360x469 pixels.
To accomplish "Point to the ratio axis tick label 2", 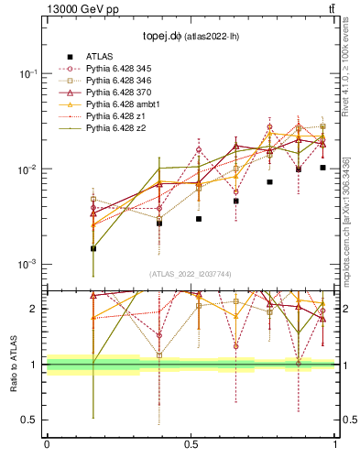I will click(34, 309).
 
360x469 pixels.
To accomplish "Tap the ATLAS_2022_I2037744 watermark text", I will click(190, 274).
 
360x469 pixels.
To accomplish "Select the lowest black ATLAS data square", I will click(93, 248).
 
